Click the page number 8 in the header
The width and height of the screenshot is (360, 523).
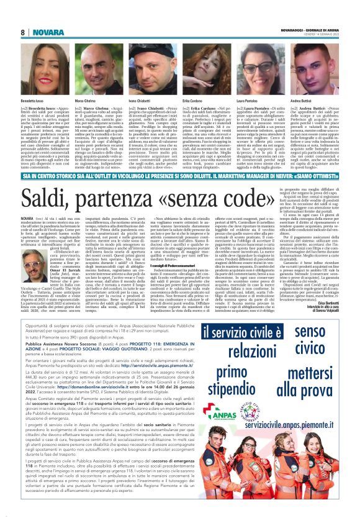[22, 32]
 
